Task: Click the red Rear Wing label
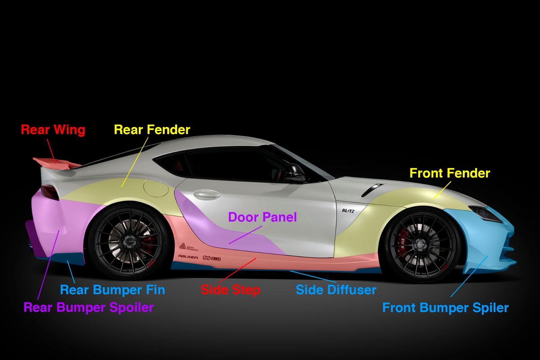pos(53,130)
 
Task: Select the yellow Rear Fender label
pos(152,130)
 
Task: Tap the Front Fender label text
pos(450,173)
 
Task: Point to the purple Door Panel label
pos(262,217)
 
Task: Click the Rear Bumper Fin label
pos(113,290)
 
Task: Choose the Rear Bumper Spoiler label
pos(89,308)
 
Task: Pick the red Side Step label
pos(231,290)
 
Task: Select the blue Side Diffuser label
pos(336,290)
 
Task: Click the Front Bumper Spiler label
pos(446,308)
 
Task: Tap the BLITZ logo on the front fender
pos(348,211)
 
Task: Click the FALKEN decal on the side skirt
pos(188,257)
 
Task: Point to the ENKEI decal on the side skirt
pos(212,258)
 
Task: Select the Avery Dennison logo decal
pos(188,247)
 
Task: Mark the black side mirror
pos(295,173)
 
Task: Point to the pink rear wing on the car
pos(57,163)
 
